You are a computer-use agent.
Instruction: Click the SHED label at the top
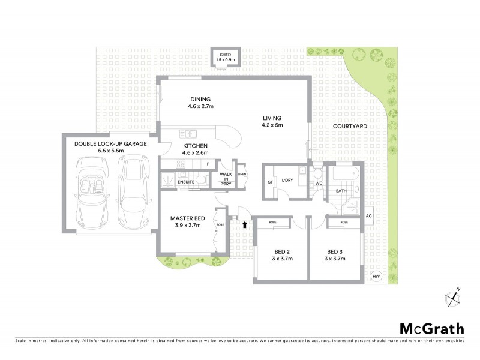(229, 57)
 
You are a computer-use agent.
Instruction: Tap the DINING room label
(201, 103)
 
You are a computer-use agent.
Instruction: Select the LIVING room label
(271, 121)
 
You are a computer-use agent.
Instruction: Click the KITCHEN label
(196, 149)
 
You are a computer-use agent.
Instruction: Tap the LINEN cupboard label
(242, 174)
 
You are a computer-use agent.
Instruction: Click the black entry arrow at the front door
(244, 225)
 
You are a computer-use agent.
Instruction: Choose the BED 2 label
(278, 256)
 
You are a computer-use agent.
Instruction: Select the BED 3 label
(336, 256)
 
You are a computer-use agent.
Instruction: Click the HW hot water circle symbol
(376, 276)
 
